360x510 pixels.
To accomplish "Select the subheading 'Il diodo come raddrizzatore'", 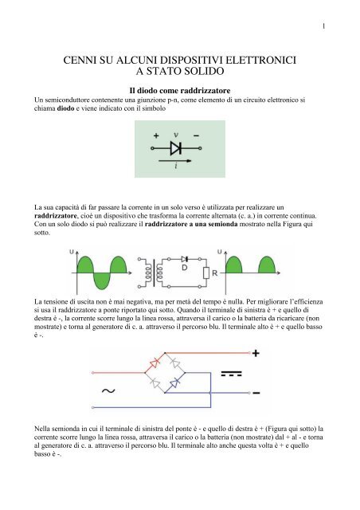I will click(179, 92).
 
